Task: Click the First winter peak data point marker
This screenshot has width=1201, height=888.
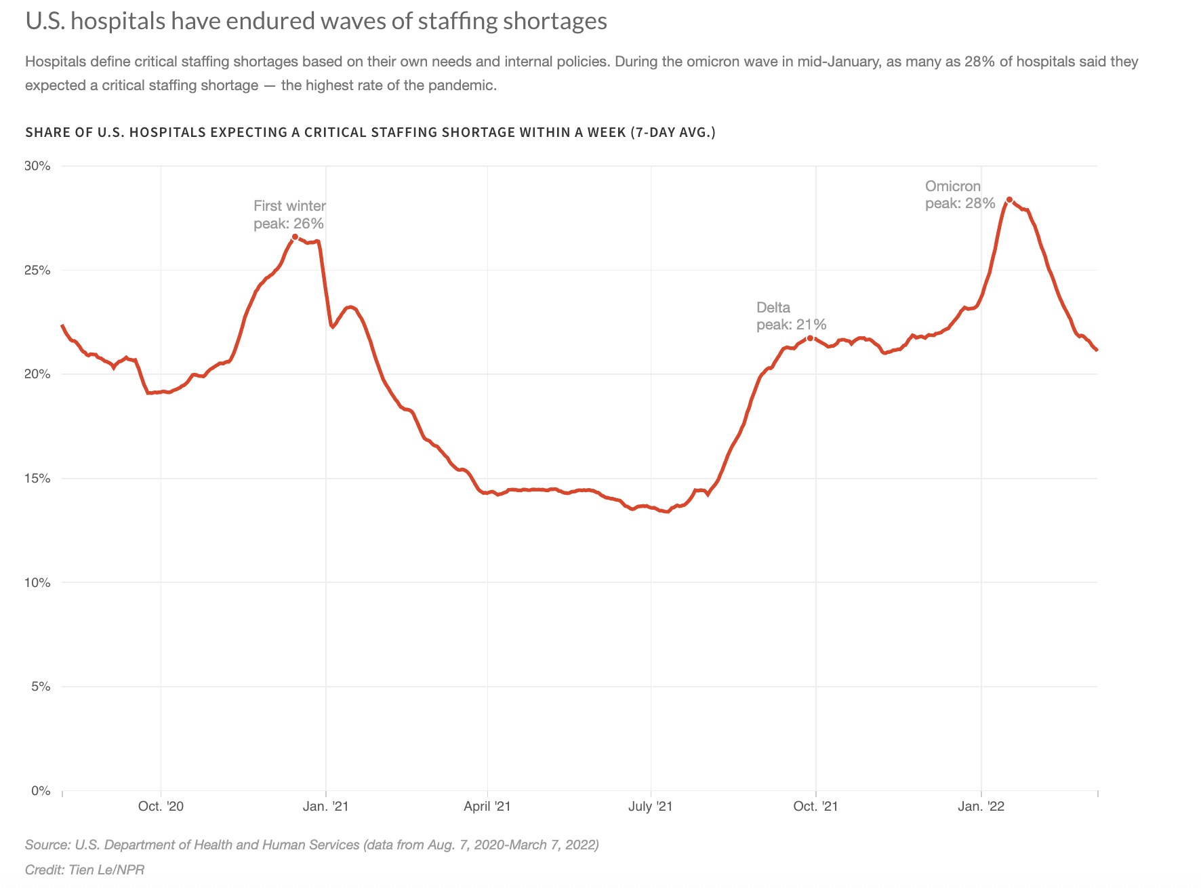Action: (x=294, y=237)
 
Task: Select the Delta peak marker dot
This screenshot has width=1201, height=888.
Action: (x=810, y=338)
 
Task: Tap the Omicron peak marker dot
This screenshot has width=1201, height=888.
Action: (x=1009, y=200)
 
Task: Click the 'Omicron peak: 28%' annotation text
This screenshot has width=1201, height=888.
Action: (x=960, y=195)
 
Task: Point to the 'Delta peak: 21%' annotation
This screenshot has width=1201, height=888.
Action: (x=791, y=316)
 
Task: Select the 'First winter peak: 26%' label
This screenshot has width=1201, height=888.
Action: (x=289, y=214)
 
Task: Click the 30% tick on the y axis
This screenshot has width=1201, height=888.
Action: (x=37, y=166)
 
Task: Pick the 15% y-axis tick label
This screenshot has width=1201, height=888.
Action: (x=37, y=479)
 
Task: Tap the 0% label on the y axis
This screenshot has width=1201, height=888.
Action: (x=41, y=791)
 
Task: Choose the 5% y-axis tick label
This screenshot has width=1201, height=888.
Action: (x=41, y=687)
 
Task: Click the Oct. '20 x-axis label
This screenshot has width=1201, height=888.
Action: (x=161, y=806)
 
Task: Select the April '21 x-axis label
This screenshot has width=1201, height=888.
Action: (x=487, y=806)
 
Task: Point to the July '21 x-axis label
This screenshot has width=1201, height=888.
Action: (x=651, y=806)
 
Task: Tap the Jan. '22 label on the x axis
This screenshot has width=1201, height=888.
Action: (x=981, y=806)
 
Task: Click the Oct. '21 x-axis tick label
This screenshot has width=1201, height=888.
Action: (x=815, y=806)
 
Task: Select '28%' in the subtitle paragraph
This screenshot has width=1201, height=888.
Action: (x=977, y=62)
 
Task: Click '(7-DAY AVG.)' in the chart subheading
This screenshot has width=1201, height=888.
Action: (x=672, y=132)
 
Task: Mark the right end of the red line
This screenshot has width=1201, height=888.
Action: (x=1097, y=350)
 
